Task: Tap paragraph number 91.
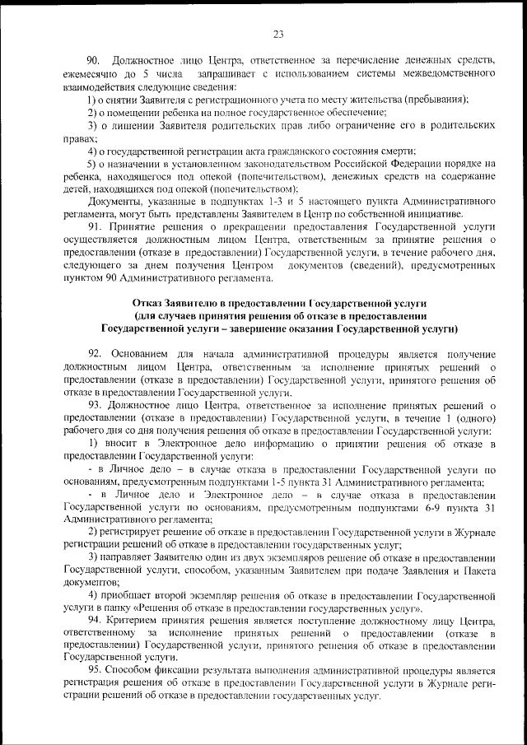point(92,224)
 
